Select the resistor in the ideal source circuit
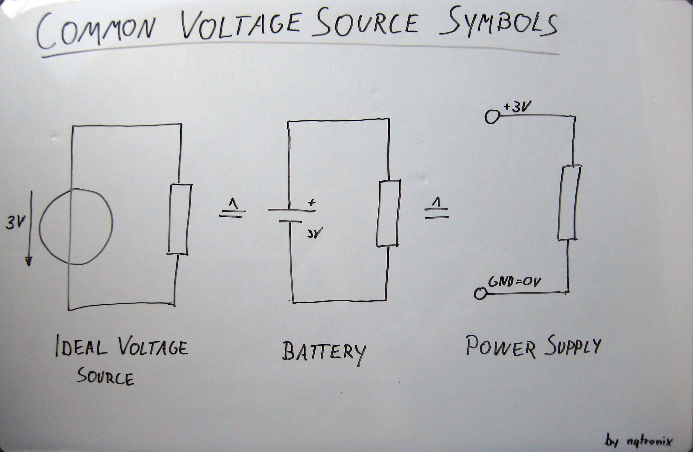coord(180,219)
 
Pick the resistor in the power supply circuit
coord(569,203)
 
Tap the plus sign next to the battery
coord(312,202)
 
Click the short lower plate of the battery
coord(290,221)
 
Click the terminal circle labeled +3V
coord(491,117)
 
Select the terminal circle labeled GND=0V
coord(480,293)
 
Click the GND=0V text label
coord(515,282)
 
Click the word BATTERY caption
coord(323,352)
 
